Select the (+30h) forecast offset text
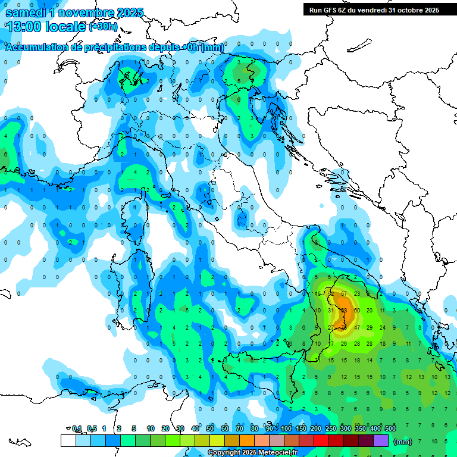103,26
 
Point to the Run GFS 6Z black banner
374,10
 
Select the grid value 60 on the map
357,311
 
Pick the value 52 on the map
331,293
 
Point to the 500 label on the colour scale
390,429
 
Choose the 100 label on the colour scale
286,429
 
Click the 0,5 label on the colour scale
92,429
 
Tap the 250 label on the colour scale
330,429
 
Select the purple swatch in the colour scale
381,441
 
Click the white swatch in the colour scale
68,441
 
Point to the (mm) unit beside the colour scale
403,442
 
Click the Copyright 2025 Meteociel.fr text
252,453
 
